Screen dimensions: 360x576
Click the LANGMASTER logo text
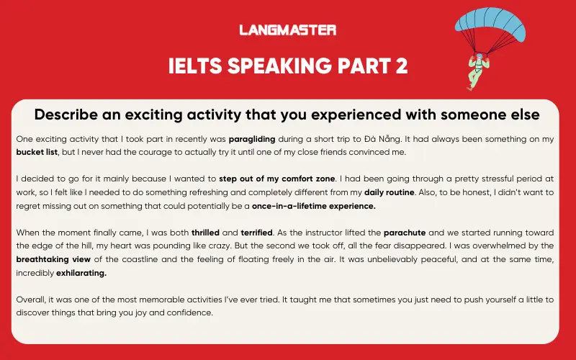coord(287,30)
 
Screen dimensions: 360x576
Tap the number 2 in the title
coord(400,66)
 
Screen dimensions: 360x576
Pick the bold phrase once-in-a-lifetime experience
coord(314,206)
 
